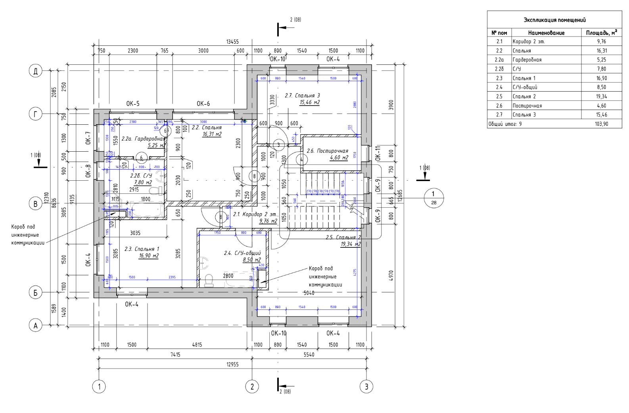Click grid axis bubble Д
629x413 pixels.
point(36,71)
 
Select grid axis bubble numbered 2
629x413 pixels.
point(252,386)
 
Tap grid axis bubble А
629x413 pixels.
point(36,326)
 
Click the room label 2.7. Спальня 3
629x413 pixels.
point(302,96)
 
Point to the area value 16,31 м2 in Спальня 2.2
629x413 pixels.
point(212,134)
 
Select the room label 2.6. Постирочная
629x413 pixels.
point(327,151)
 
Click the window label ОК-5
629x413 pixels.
point(133,104)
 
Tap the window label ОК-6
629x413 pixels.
point(203,104)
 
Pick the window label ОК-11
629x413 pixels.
point(378,153)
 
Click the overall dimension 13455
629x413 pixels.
point(232,42)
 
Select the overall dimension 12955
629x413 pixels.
point(232,364)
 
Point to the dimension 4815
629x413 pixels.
point(197,345)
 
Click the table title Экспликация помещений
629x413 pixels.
point(554,20)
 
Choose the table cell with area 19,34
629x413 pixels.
point(601,96)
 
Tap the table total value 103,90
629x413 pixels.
point(601,124)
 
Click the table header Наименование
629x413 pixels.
point(546,33)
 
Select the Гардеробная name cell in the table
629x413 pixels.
point(527,60)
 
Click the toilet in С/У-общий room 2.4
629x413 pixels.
point(209,281)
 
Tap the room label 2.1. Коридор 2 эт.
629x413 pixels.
point(255,214)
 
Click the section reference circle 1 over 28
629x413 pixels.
point(433,198)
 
